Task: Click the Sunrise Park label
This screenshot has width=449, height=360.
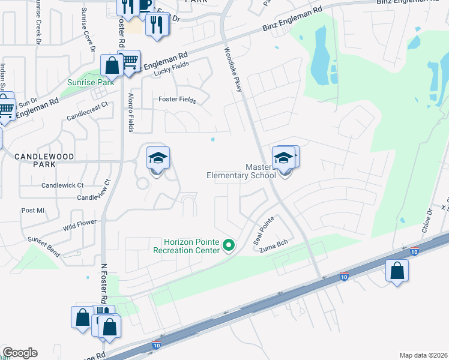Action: coord(91,82)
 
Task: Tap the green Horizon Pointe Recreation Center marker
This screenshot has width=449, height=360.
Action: coord(228,245)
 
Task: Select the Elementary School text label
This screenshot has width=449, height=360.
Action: coord(241,175)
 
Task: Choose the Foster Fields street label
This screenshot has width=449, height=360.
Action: coord(177,100)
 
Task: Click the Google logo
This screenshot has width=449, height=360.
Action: coord(20,353)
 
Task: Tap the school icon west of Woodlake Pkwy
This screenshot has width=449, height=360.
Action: coord(158,158)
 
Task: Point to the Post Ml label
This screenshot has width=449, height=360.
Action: coord(33,211)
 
